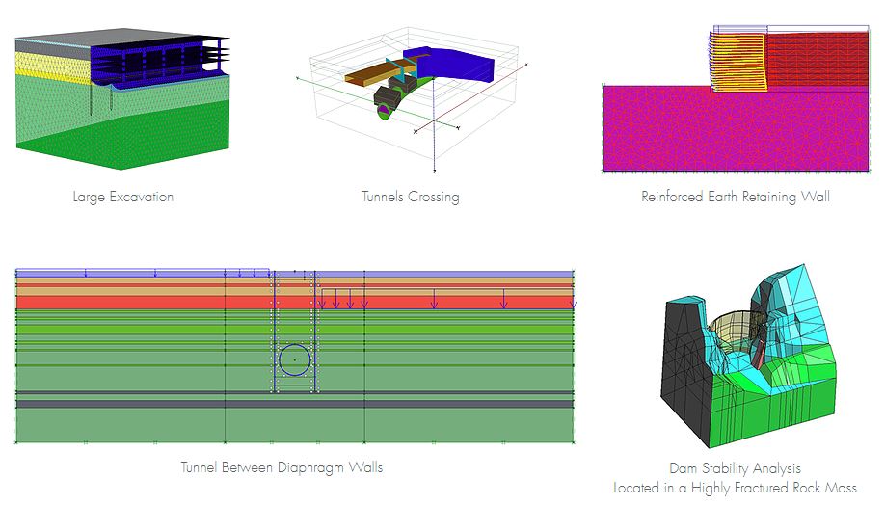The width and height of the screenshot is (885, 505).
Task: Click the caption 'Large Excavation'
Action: click(122, 198)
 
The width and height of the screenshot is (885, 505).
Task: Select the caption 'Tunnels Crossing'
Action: click(411, 198)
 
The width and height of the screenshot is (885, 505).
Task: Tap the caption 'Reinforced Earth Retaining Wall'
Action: click(736, 198)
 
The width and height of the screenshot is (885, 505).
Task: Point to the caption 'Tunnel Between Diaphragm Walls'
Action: click(282, 468)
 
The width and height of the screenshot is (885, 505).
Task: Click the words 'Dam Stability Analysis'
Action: click(735, 469)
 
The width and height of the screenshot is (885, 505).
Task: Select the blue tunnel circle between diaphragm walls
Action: click(295, 359)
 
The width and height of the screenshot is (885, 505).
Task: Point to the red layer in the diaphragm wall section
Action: click(145, 302)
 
